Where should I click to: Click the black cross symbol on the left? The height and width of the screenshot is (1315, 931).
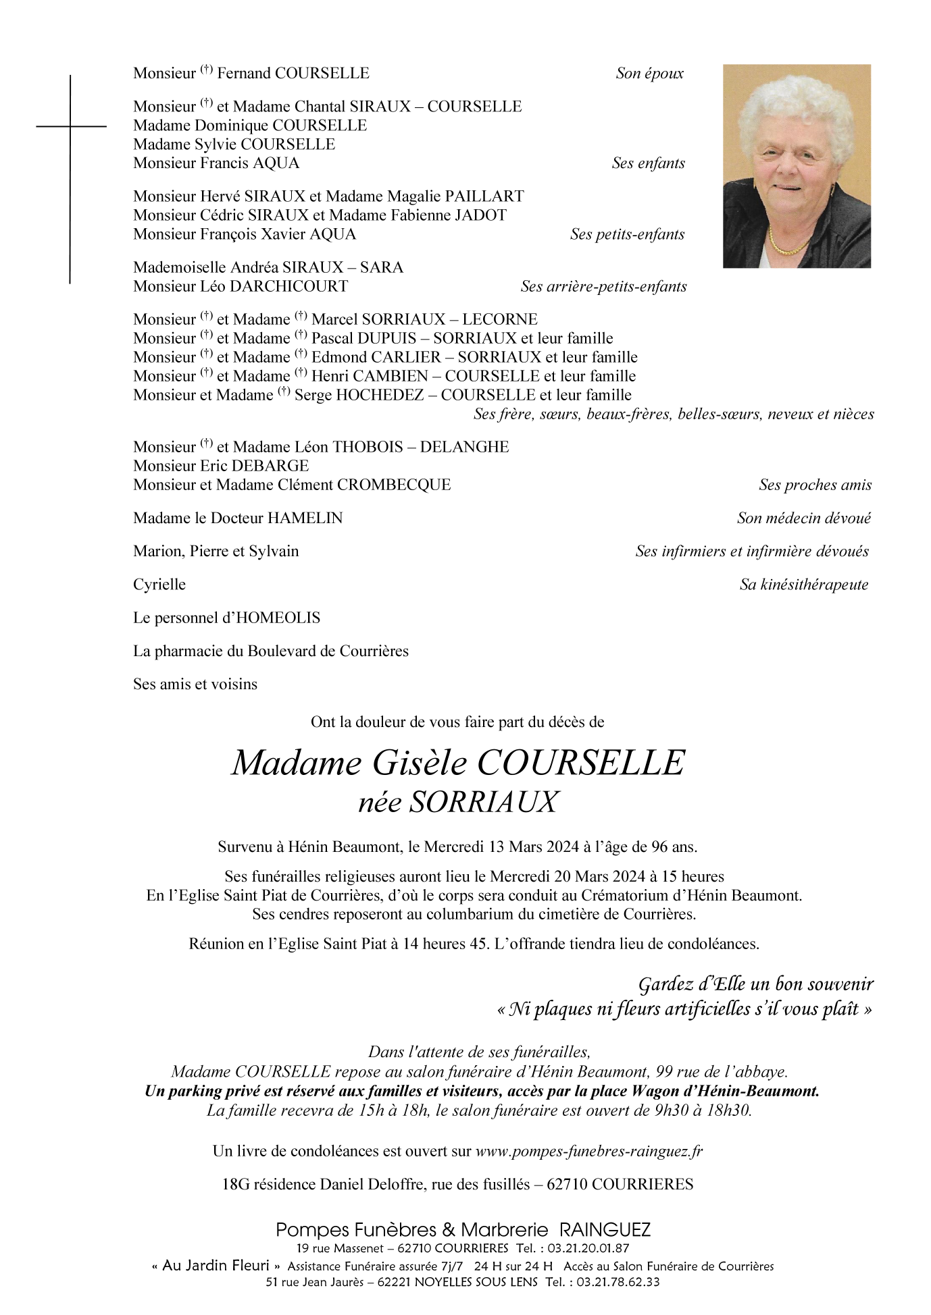tap(70, 126)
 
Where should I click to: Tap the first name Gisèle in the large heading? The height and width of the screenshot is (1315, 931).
tap(419, 763)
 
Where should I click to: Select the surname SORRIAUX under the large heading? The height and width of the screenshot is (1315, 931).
tap(484, 802)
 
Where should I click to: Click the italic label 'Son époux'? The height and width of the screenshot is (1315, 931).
tap(649, 74)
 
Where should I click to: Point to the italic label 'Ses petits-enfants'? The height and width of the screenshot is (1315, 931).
tap(627, 234)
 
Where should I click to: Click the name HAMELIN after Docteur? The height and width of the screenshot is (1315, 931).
tap(305, 518)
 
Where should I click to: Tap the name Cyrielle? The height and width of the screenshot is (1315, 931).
tap(159, 585)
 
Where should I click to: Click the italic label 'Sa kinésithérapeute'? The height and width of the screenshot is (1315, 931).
tap(804, 585)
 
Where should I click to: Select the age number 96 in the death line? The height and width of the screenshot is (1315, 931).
tap(659, 847)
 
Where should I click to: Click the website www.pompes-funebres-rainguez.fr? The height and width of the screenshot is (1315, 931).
tap(589, 1151)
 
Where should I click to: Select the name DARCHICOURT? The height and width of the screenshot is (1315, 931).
tap(289, 286)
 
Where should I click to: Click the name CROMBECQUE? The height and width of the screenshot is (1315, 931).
tap(394, 485)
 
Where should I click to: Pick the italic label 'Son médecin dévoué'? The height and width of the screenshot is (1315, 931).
tap(804, 518)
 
